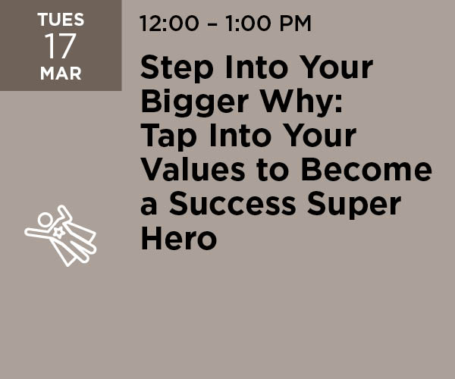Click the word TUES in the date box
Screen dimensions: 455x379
coord(61,20)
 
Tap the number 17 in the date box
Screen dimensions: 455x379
coord(61,45)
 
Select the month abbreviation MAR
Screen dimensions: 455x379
coord(61,73)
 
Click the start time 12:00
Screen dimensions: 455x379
coord(169,23)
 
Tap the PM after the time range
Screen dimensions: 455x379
coord(296,23)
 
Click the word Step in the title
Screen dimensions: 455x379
coord(177,68)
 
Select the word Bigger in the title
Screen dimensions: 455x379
coord(194,102)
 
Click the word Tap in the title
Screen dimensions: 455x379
coord(168,136)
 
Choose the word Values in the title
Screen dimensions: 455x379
coord(193,170)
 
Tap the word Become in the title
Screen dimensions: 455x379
coord(366,170)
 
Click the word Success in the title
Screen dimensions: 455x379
coord(233,204)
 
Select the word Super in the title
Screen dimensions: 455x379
coord(354,205)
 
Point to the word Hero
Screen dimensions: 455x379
coord(179,238)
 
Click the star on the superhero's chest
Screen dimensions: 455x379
coord(58,233)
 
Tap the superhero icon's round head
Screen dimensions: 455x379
coord(45,220)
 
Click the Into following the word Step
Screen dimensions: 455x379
coord(256,68)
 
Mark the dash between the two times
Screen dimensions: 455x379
coord(212,23)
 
